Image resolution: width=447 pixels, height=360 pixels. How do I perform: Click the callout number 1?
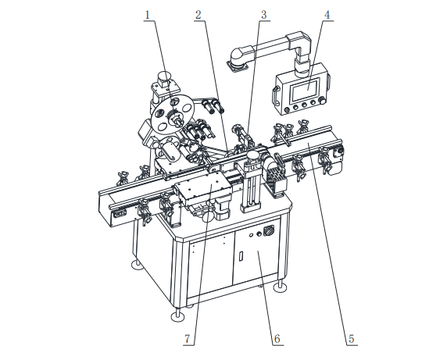pyautogui.click(x=148, y=15)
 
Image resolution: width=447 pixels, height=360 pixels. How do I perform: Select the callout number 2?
pyautogui.click(x=198, y=15)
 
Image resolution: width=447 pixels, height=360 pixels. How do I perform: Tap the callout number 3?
pyautogui.click(x=264, y=15)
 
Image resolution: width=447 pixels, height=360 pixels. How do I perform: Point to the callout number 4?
pyautogui.click(x=327, y=15)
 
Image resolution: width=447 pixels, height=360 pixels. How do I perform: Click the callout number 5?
pyautogui.click(x=351, y=339)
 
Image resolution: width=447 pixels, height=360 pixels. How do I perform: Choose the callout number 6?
pyautogui.click(x=277, y=339)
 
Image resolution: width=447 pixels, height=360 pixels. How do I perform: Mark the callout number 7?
pyautogui.click(x=188, y=339)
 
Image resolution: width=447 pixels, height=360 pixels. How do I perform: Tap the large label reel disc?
pyautogui.click(x=173, y=114)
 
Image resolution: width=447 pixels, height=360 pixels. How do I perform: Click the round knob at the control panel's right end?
pyautogui.click(x=322, y=101)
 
